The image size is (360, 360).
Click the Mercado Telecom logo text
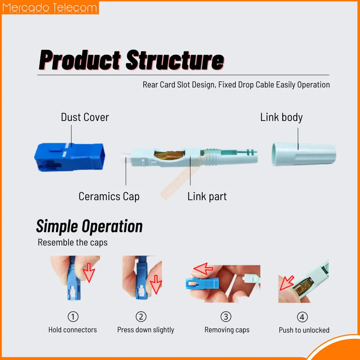point(50,8)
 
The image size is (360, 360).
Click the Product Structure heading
point(131,60)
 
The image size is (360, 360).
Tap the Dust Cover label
point(85,117)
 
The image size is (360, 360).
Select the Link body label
point(281,117)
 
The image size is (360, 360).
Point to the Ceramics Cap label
point(109,197)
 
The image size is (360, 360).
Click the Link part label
point(207,197)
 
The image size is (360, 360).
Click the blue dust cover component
point(69,157)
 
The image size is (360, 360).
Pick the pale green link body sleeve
point(304,154)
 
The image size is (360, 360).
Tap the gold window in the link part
point(170,155)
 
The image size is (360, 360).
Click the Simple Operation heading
point(89,226)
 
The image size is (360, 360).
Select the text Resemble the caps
point(73,242)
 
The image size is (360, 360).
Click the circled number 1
point(73,316)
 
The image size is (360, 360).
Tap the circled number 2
point(141,316)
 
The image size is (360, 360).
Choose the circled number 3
point(226,316)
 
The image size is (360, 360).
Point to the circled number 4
point(302,317)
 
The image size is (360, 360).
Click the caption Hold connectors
point(73,330)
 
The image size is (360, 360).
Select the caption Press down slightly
point(145,330)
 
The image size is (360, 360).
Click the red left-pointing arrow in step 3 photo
point(203,269)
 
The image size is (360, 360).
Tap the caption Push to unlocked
point(304,330)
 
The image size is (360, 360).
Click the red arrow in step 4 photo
point(287,283)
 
